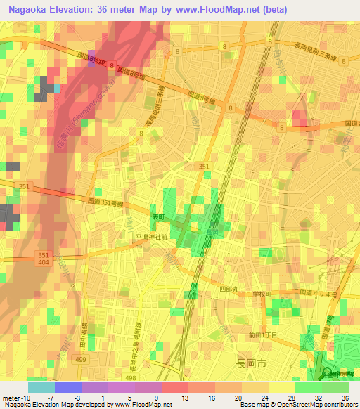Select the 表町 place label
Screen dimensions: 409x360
tap(159, 217)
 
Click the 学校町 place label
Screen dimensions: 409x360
tap(262, 294)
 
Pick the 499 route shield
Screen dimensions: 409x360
tap(82, 358)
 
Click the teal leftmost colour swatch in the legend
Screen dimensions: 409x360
tap(41, 387)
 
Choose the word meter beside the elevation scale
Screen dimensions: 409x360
tap(11, 397)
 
